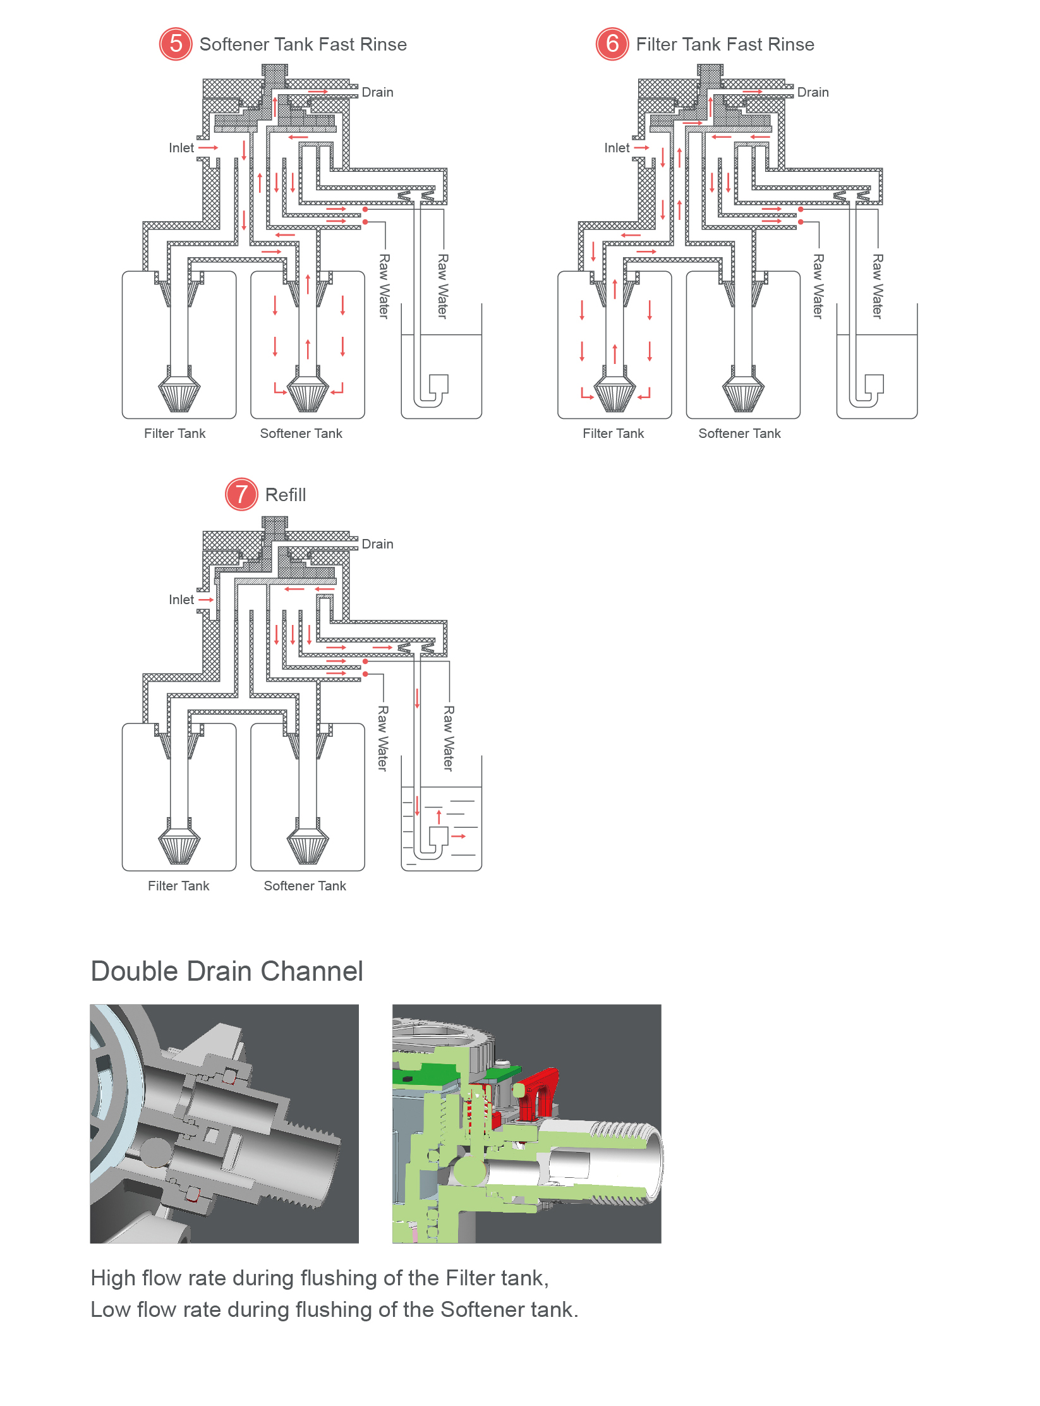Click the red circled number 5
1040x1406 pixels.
[x=176, y=44]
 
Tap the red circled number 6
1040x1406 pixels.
[x=612, y=44]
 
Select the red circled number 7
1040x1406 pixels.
[x=241, y=495]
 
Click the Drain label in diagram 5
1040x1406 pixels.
[x=377, y=92]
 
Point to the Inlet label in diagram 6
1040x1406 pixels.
[x=617, y=148]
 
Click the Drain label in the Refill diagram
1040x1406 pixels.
[x=377, y=544]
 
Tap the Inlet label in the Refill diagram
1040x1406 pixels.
[x=181, y=600]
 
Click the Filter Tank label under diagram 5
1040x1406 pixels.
[x=175, y=433]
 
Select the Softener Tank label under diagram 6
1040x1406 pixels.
[x=739, y=433]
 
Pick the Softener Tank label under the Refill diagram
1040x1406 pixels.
[x=305, y=886]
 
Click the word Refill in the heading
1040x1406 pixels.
[x=286, y=495]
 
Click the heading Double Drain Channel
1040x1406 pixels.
[x=227, y=971]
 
